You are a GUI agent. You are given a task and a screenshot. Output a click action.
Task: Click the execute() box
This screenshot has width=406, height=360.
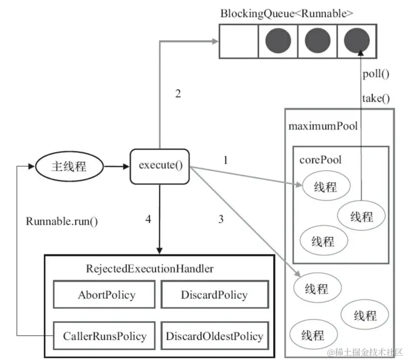tap(160, 166)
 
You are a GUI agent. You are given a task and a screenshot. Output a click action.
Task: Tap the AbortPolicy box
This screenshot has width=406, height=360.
tap(106, 295)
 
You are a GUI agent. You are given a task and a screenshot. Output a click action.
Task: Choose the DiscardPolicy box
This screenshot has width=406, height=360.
tap(214, 295)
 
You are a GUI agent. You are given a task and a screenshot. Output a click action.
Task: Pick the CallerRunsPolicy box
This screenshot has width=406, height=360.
tap(106, 336)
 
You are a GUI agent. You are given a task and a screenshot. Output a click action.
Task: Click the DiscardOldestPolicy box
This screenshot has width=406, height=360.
tap(214, 336)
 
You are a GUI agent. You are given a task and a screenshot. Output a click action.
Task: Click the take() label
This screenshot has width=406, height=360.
tap(375, 97)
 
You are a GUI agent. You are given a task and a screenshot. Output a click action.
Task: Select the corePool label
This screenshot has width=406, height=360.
tap(320, 159)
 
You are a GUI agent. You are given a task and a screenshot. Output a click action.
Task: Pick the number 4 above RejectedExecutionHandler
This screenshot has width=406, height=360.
tap(149, 219)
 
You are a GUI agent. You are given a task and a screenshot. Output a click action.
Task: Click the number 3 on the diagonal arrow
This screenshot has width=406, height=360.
tap(221, 219)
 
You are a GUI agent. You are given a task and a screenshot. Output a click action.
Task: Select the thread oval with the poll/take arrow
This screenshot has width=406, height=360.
tap(361, 216)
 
